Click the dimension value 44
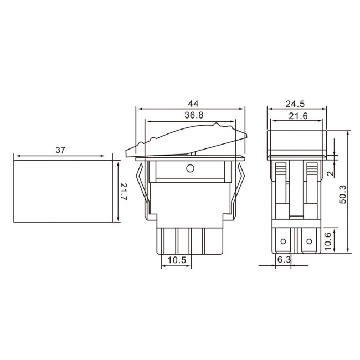click(193, 104)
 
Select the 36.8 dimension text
click(194, 115)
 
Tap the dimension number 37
click(60, 150)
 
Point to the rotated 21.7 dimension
click(124, 192)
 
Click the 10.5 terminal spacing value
click(177, 260)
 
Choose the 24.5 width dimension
click(295, 104)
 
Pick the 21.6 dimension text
click(298, 116)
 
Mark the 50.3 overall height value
click(342, 194)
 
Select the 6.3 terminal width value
click(284, 260)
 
